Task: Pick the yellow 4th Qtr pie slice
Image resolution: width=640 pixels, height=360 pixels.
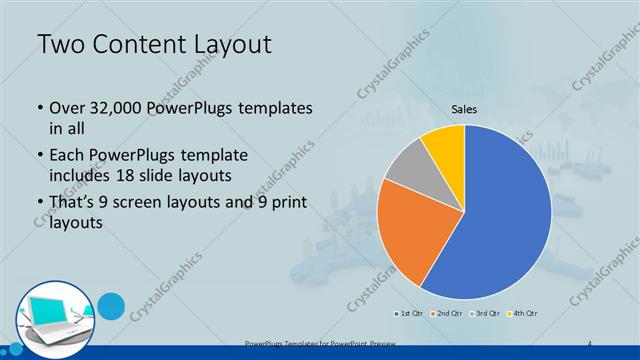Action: pyautogui.click(x=444, y=142)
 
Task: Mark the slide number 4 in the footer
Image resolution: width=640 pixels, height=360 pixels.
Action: pyautogui.click(x=590, y=344)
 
